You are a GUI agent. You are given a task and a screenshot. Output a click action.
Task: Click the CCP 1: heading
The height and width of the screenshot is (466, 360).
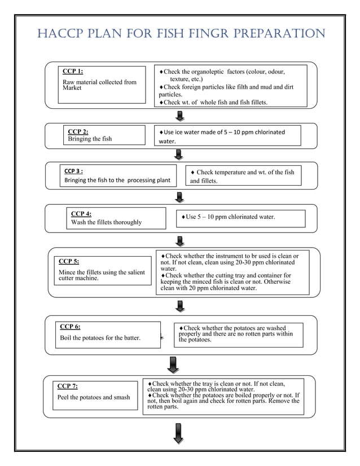tap(72, 71)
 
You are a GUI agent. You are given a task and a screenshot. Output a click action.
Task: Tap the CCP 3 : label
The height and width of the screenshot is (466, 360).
tap(73, 170)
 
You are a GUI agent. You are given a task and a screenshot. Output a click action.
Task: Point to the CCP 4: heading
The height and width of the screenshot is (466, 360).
tap(81, 214)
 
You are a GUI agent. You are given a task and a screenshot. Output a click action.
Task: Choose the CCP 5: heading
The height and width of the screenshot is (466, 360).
tap(69, 261)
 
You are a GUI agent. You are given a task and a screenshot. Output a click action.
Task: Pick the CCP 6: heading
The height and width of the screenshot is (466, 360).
tap(70, 326)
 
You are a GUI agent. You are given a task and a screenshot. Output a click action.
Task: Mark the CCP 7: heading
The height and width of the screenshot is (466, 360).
tap(68, 386)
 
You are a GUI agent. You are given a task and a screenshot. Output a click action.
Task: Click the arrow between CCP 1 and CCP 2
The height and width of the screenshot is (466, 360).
tap(180, 116)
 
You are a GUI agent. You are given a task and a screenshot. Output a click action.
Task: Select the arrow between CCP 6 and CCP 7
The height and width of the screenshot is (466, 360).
tap(173, 364)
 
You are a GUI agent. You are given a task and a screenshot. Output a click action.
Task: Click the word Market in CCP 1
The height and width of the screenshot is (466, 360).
tap(72, 88)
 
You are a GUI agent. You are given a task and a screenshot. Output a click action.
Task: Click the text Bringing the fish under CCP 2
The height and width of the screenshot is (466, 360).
tap(90, 139)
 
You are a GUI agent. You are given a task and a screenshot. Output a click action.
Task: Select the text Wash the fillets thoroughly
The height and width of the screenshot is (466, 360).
tap(106, 222)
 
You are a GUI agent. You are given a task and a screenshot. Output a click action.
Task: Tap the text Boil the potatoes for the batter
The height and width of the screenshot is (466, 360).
tap(100, 338)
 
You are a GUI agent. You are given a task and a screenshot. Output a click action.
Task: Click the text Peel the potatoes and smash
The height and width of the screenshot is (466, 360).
tap(93, 397)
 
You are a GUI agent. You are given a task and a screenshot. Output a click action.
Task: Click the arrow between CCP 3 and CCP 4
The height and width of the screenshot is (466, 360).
tap(179, 197)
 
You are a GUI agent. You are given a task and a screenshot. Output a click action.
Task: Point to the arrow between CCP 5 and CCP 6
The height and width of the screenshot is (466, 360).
tap(179, 306)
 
